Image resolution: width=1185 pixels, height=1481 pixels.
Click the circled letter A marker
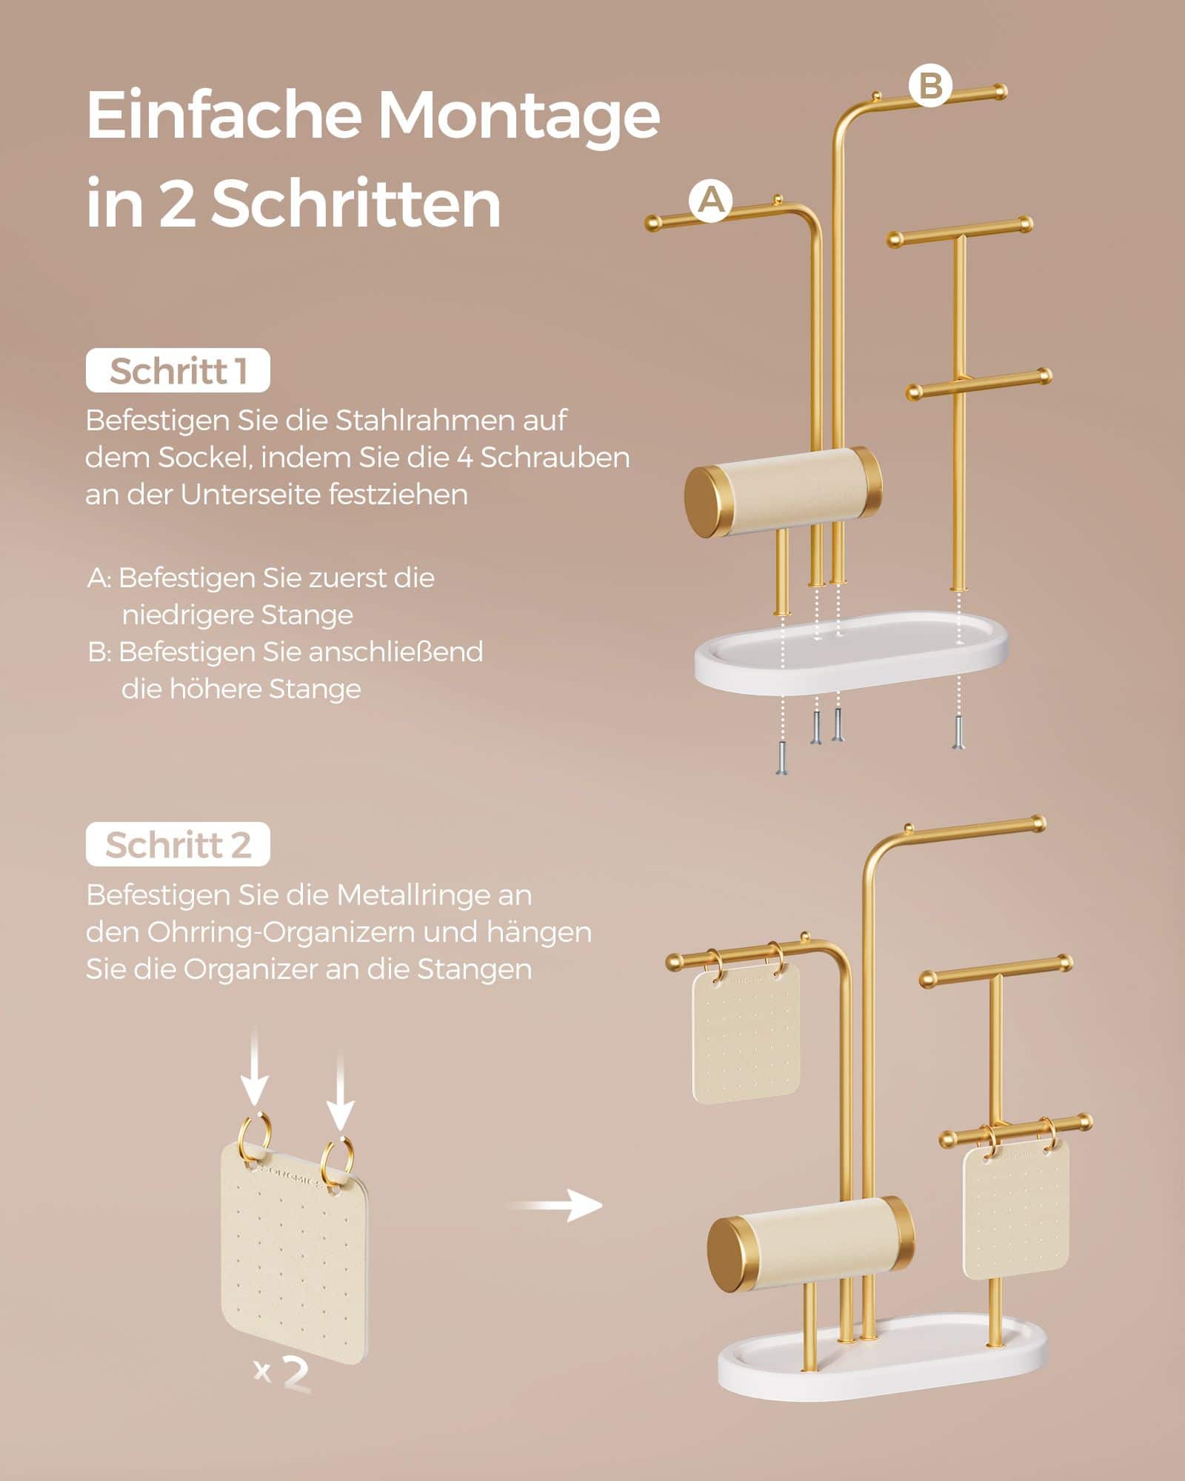pos(710,201)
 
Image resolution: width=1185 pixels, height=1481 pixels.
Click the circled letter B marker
pos(929,86)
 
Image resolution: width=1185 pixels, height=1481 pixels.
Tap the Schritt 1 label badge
pos(178,371)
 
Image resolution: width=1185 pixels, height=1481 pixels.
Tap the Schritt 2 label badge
pos(178,845)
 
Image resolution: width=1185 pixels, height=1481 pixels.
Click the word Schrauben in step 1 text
pos(555,458)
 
